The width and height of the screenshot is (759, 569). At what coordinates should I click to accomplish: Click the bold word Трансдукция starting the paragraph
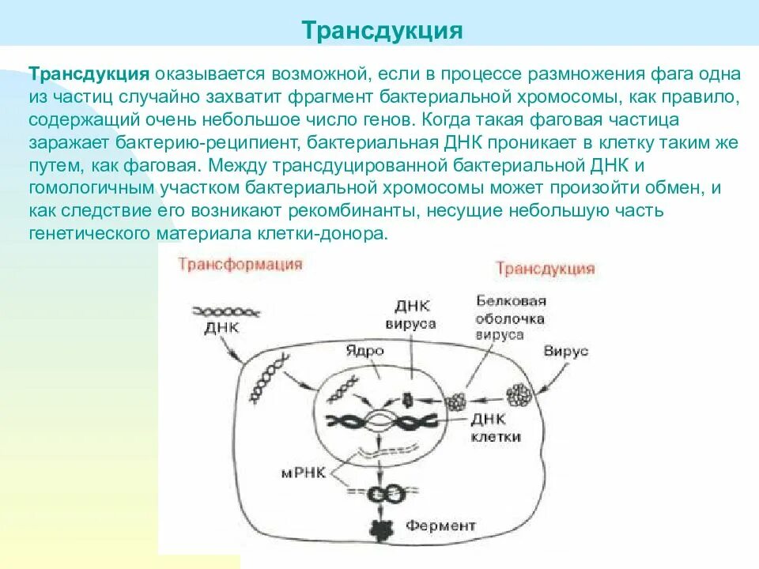click(89, 73)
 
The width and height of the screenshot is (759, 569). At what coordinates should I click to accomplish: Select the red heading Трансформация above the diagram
click(240, 264)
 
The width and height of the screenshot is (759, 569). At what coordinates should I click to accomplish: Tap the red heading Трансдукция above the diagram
click(545, 268)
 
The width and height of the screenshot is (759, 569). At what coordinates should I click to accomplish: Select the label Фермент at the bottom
click(441, 526)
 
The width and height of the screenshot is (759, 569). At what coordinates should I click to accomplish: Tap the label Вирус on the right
click(566, 352)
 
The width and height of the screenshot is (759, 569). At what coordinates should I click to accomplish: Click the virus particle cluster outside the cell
click(520, 396)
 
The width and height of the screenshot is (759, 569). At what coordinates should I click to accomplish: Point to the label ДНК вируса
click(410, 315)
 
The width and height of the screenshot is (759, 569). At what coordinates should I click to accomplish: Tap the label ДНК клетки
click(496, 428)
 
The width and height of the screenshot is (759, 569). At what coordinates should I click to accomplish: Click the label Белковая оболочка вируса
click(511, 318)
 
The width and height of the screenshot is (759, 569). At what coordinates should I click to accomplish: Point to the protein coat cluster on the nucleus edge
click(458, 401)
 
